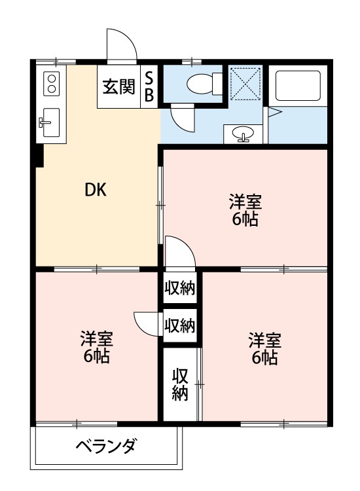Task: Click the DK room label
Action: coord(96,191)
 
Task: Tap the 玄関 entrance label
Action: coord(118,86)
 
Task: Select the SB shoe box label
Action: coord(149,86)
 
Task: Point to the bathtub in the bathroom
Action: coord(295,85)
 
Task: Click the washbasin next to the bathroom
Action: coord(243,134)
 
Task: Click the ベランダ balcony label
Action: coord(105,447)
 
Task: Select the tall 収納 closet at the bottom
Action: coord(180,384)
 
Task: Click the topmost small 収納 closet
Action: coord(180,287)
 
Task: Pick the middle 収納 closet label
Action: coord(180,325)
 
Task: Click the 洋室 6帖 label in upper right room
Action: coord(244,209)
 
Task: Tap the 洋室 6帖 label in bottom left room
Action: coord(96,348)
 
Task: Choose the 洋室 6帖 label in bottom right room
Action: coord(264,348)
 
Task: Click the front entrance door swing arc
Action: coord(122,47)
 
